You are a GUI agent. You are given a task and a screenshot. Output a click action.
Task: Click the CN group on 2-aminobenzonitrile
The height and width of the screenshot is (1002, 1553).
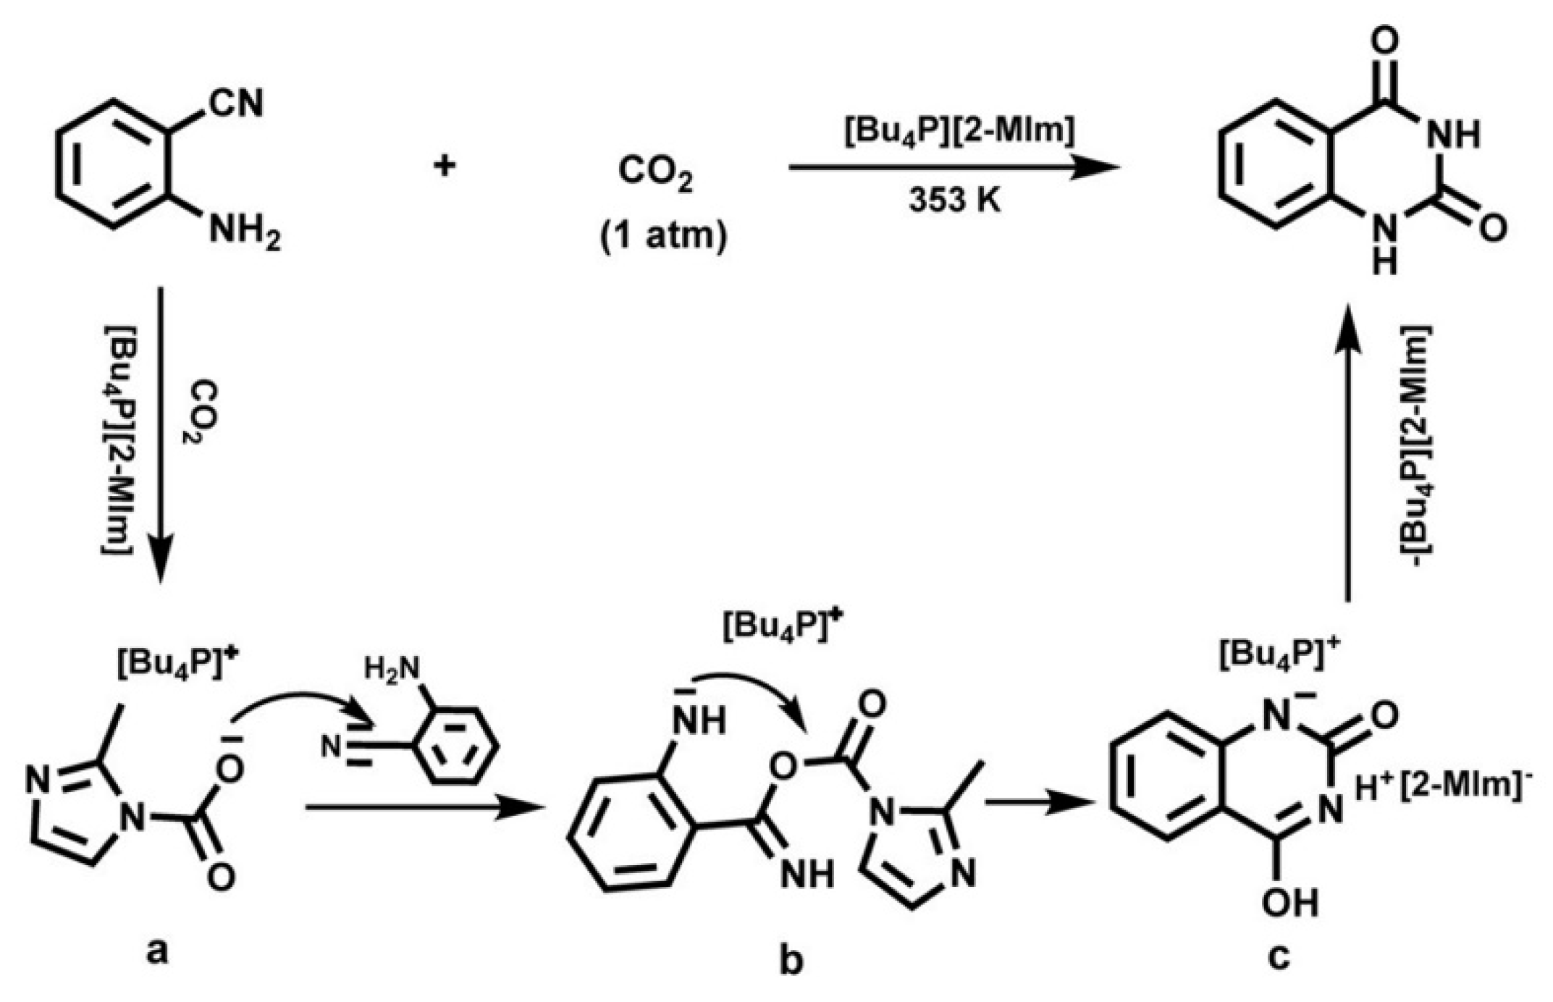[236, 104]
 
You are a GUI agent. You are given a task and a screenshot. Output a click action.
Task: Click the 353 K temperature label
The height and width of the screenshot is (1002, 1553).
[955, 201]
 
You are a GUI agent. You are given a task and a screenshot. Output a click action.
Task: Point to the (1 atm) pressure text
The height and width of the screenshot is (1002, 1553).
[663, 237]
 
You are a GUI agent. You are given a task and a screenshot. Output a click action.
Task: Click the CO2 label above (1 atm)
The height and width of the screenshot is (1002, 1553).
[655, 173]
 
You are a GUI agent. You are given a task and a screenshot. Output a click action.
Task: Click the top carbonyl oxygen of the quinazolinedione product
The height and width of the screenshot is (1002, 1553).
[1384, 41]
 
